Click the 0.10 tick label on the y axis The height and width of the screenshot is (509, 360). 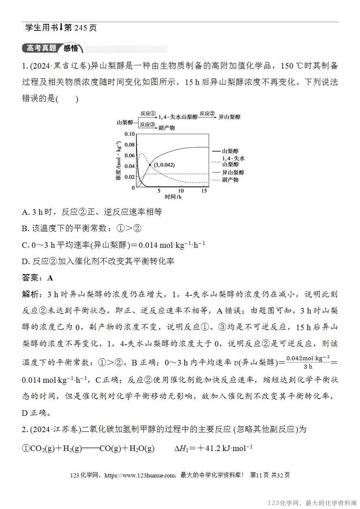pos(129,134)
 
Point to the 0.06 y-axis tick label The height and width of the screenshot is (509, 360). pos(129,156)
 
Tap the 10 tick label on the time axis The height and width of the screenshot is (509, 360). pos(181,191)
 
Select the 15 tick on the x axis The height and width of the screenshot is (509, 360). pos(204,191)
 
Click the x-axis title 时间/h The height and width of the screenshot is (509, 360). pos(173,197)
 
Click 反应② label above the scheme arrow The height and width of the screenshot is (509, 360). pos(207,113)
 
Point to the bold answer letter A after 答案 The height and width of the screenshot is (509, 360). pos(50,278)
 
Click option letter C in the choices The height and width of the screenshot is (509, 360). pos(24,245)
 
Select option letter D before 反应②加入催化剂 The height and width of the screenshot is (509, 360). pos(24,261)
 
